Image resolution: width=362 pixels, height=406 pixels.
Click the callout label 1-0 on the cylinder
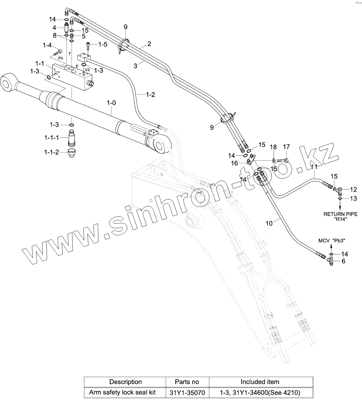coord(111,103)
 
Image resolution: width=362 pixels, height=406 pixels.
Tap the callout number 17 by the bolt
coord(286,147)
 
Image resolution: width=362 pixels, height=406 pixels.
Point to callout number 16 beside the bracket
coord(234,163)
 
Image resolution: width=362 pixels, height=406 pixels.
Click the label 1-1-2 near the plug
coord(52,152)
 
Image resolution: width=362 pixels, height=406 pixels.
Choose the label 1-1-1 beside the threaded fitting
coord(52,138)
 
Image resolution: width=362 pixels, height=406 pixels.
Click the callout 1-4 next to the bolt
coord(47,45)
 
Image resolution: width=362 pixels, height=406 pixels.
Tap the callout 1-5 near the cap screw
coord(102,44)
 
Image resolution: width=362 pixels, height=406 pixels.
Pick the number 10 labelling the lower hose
coord(269,223)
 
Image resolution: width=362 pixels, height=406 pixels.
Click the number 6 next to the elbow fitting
coord(343,261)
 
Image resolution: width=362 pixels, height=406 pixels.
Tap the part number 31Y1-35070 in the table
coord(187,393)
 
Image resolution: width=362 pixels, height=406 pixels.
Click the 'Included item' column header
coord(260,382)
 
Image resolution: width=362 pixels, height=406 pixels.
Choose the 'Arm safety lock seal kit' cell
coord(122,393)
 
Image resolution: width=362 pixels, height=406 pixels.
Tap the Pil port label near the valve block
coord(60,58)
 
